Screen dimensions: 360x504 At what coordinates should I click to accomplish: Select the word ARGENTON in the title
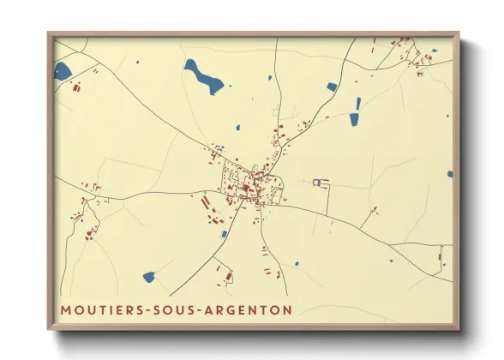coord(247,309)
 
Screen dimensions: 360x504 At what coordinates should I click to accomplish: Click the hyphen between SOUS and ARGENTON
coord(196,309)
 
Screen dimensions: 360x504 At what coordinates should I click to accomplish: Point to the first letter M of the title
coord(65,309)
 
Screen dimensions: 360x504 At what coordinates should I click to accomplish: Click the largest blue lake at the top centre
coord(203,76)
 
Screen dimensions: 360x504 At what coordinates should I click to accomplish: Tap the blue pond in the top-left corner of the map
coord(63,71)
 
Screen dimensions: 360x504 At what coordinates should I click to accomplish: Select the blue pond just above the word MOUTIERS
coord(148,278)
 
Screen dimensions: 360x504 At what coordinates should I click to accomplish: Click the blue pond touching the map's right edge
coord(449,174)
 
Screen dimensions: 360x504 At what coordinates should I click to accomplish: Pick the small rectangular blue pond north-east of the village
coord(332,87)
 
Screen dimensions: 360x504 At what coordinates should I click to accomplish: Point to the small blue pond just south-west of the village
coord(224,233)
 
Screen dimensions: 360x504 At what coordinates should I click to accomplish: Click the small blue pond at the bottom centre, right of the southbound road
coord(297,263)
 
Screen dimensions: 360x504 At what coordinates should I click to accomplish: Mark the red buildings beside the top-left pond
coord(75,87)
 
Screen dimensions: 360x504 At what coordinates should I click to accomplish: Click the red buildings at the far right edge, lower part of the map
coord(440,256)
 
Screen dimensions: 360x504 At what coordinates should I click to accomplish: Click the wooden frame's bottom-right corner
coord(459,328)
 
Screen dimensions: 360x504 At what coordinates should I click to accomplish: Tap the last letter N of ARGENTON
coord(286,309)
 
